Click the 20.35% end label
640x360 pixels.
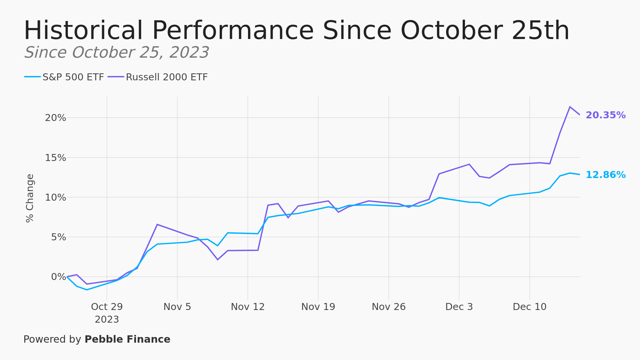(x=605, y=115)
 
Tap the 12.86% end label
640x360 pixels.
(x=605, y=175)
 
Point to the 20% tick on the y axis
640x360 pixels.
(x=56, y=118)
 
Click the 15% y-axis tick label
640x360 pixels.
(x=56, y=158)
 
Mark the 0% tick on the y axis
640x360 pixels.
(x=59, y=277)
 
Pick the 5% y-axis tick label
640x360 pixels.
(x=59, y=237)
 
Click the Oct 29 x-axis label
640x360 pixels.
(x=107, y=307)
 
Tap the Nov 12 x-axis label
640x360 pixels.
(x=248, y=307)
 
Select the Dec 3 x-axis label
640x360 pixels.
(x=459, y=307)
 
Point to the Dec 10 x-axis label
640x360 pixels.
(x=529, y=307)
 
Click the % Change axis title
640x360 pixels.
(x=30, y=198)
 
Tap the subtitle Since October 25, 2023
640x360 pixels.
(x=117, y=53)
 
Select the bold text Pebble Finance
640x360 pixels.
(x=127, y=340)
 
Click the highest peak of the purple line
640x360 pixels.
(x=570, y=107)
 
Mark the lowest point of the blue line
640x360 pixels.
(x=87, y=290)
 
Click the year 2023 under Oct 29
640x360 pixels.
(x=107, y=320)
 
